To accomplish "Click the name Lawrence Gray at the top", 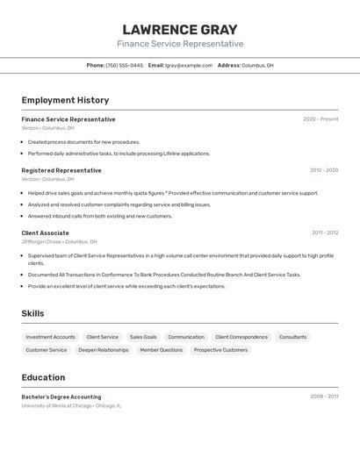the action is pyautogui.click(x=180, y=29).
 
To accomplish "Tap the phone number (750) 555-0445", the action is pyautogui.click(x=124, y=65).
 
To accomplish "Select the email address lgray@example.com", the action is pyautogui.click(x=189, y=65).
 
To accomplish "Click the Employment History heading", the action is pyautogui.click(x=65, y=100).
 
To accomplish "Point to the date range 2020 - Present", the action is pyautogui.click(x=320, y=119).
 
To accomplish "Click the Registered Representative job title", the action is pyautogui.click(x=61, y=170).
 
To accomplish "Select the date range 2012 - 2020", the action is pyautogui.click(x=324, y=170).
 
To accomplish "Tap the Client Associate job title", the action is pyautogui.click(x=46, y=232).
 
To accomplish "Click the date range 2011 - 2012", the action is pyautogui.click(x=325, y=232).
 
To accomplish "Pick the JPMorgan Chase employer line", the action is pyautogui.click(x=59, y=241).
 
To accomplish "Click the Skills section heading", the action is pyautogui.click(x=32, y=313).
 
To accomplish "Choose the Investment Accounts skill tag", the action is pyautogui.click(x=50, y=337).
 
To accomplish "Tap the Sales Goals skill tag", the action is pyautogui.click(x=143, y=337).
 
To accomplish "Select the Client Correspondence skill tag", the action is pyautogui.click(x=241, y=337).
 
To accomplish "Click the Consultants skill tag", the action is pyautogui.click(x=293, y=337).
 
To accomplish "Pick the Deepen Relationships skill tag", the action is pyautogui.click(x=103, y=350).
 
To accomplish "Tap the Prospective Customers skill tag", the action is pyautogui.click(x=220, y=350).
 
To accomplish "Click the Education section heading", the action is pyautogui.click(x=43, y=377).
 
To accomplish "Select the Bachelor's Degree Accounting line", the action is pyautogui.click(x=61, y=397).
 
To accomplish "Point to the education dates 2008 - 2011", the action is pyautogui.click(x=324, y=397).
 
